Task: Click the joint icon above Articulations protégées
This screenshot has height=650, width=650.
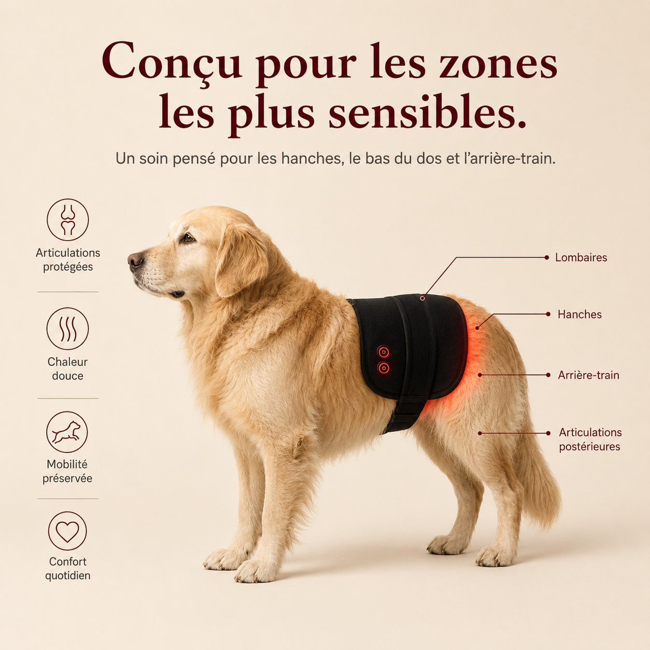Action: click(67, 220)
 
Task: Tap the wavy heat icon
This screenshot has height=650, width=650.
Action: click(67, 329)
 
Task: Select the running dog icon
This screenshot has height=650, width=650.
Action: click(67, 432)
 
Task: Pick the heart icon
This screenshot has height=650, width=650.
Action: click(67, 531)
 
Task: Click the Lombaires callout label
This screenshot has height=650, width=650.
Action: click(581, 258)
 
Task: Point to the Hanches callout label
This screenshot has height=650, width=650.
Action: click(580, 315)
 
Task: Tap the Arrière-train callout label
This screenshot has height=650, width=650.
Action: click(588, 375)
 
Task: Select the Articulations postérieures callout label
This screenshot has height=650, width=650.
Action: click(590, 440)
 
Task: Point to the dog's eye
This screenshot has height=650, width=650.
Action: click(188, 238)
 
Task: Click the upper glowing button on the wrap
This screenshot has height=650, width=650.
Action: click(383, 352)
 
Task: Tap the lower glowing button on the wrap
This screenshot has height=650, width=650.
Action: click(384, 368)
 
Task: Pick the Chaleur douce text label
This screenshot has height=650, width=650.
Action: click(67, 369)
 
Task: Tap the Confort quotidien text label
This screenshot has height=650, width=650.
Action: click(67, 569)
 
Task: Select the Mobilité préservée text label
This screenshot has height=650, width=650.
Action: click(67, 471)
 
